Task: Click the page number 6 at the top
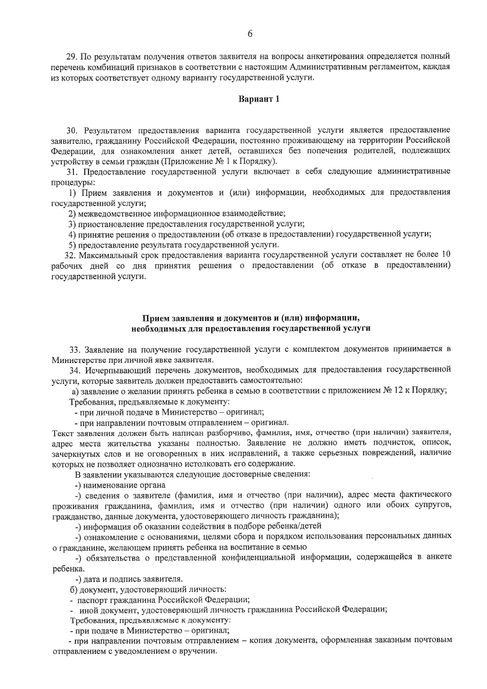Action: (x=250, y=34)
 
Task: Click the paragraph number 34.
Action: (x=75, y=370)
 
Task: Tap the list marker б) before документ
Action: (x=73, y=590)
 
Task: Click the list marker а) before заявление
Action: (x=75, y=391)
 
